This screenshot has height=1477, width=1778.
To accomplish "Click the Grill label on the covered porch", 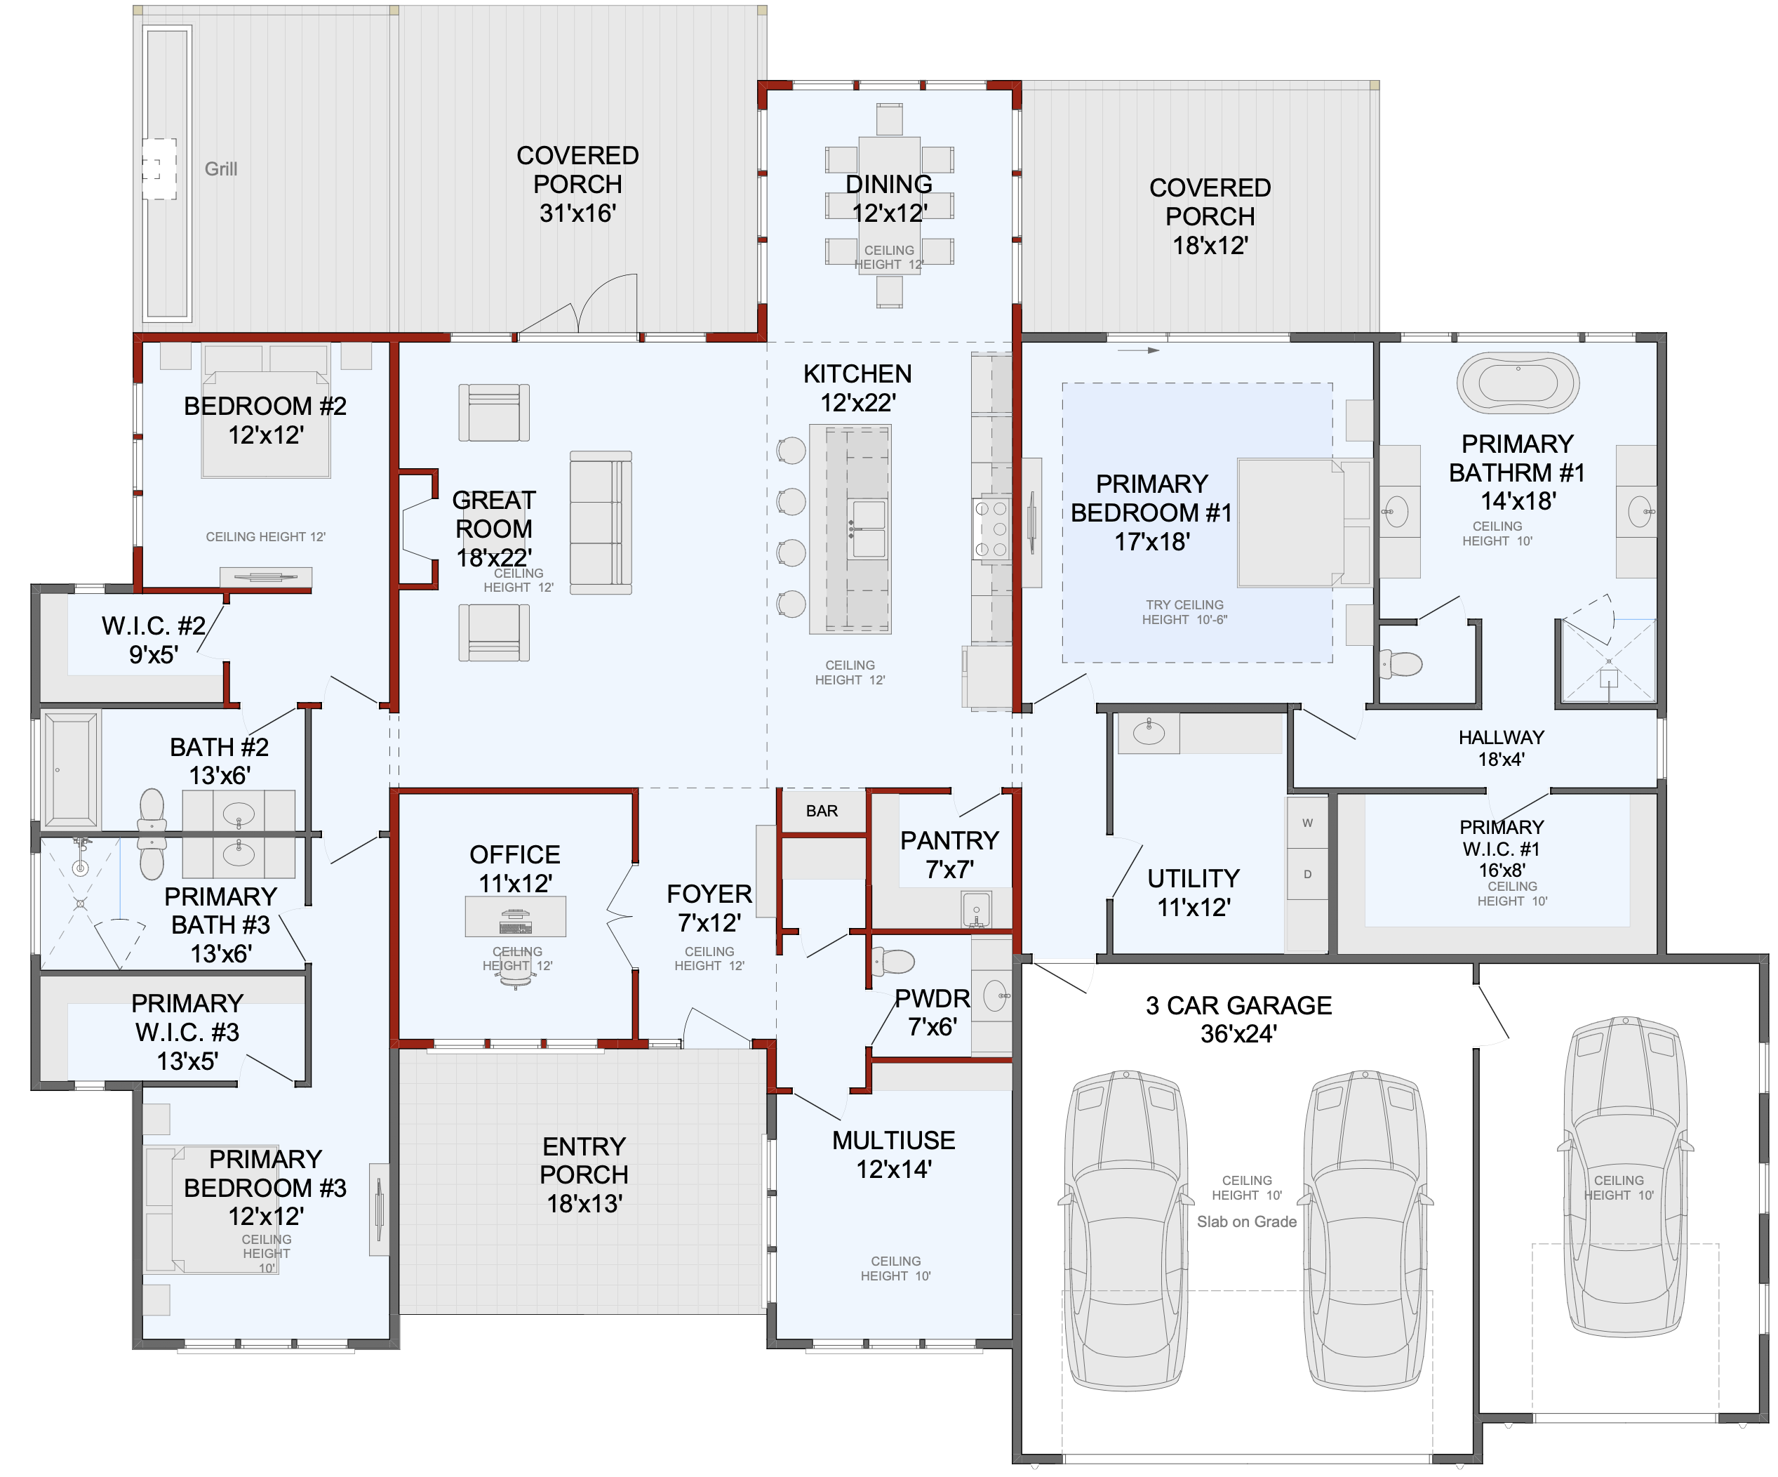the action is point(221,168).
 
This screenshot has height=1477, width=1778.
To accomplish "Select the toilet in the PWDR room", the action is point(893,961).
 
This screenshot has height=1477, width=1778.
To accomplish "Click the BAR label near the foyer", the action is point(822,812).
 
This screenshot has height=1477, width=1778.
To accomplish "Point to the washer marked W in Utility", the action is point(1308,822).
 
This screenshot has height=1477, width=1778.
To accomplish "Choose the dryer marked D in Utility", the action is point(1308,874).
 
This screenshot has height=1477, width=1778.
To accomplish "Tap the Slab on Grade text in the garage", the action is point(1246,1221).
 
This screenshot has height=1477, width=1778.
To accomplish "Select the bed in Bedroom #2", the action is point(266,411).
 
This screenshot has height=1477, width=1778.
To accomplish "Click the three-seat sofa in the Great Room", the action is point(601,522).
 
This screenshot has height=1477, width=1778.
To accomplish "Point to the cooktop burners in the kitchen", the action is point(991,529).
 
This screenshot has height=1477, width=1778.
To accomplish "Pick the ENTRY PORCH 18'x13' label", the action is point(584,1174).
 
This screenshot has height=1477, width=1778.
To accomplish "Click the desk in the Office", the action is point(516,915).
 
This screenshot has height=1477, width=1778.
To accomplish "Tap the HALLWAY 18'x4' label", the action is point(1501,748).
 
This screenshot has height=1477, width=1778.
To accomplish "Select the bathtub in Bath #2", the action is point(71,769).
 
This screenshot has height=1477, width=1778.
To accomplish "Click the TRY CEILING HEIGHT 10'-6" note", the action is point(1184,612).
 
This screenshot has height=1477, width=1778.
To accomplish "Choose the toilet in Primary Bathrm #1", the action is point(1402,663).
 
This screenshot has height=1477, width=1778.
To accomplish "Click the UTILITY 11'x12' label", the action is point(1193,893).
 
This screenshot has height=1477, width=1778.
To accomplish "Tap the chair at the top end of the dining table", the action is point(889,119).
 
